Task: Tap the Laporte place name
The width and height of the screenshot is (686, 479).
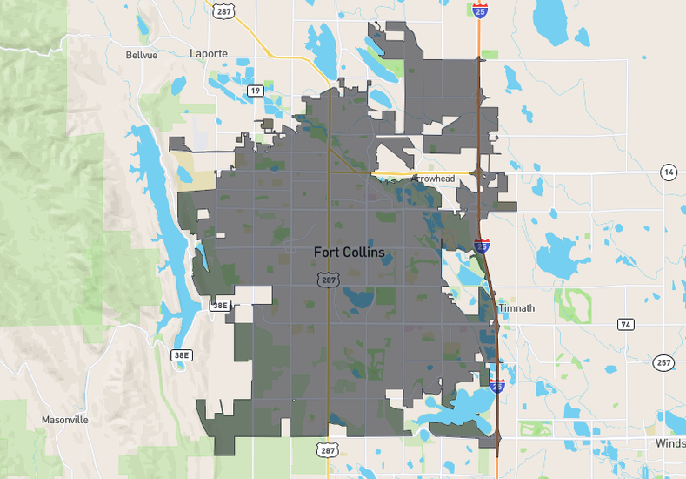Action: tap(209, 54)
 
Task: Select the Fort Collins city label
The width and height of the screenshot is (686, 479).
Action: tap(350, 253)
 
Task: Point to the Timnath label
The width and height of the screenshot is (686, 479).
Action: tap(516, 308)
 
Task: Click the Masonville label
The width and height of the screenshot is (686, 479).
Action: tap(65, 420)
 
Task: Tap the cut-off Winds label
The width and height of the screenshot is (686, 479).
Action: tap(670, 444)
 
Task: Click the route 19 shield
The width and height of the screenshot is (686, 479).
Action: tap(255, 91)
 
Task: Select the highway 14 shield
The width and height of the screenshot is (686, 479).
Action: tap(668, 172)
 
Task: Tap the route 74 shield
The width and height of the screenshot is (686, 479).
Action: tap(625, 324)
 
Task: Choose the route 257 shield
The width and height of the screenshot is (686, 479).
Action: tap(663, 362)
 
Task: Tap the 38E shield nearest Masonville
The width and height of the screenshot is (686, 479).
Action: tap(180, 355)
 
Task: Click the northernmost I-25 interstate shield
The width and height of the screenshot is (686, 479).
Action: tap(480, 10)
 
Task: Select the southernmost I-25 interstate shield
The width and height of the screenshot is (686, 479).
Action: tap(496, 385)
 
